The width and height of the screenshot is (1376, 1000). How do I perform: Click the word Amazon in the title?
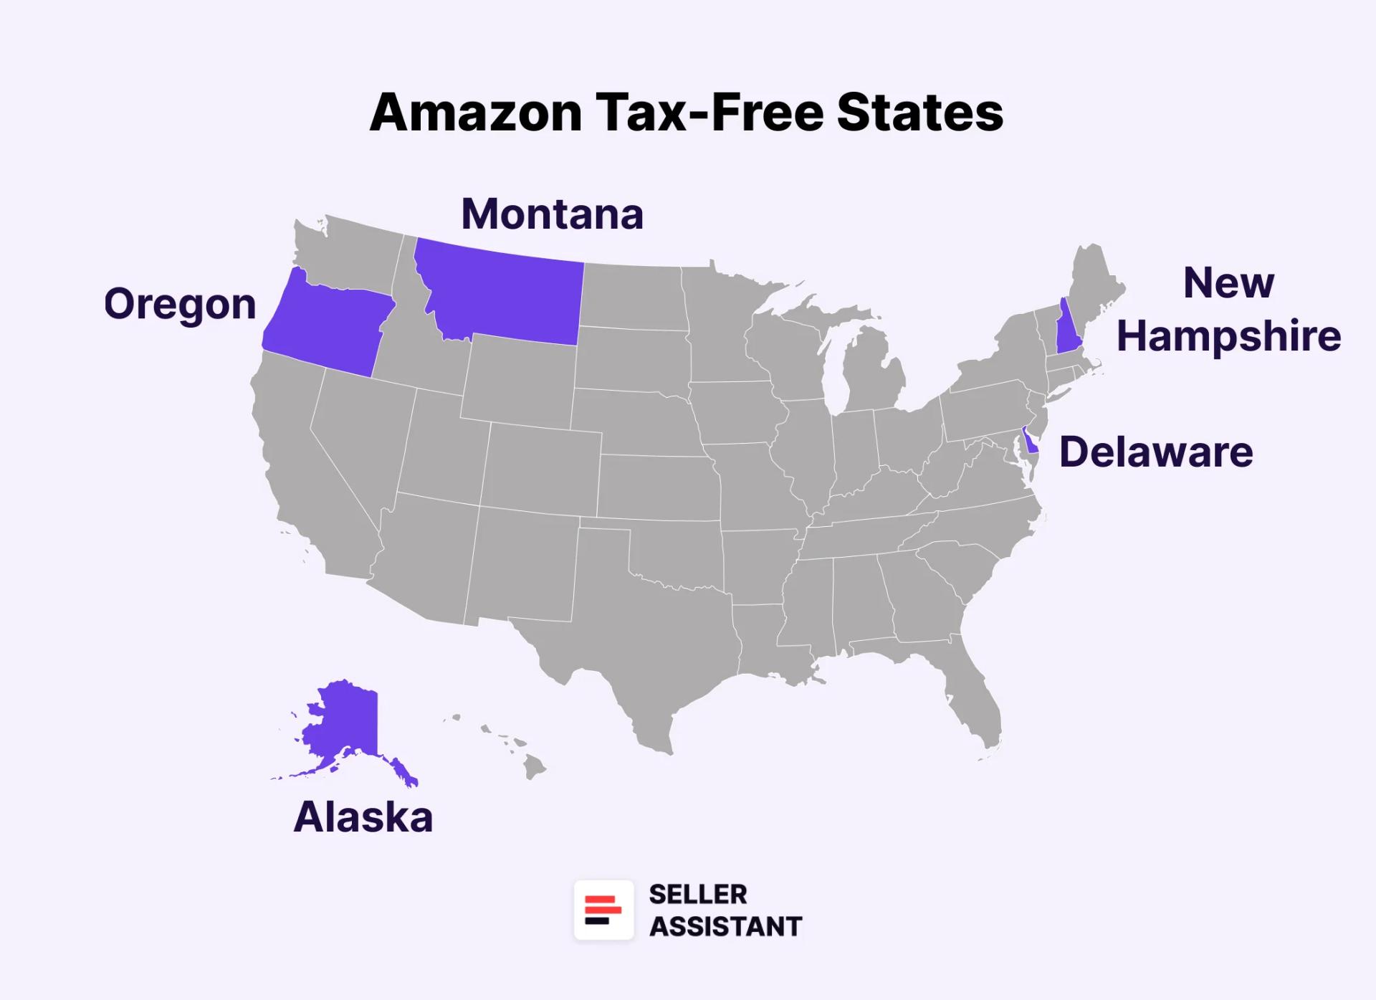(x=475, y=113)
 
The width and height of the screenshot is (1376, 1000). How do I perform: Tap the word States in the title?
(x=920, y=113)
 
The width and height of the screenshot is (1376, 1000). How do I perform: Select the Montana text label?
(x=552, y=214)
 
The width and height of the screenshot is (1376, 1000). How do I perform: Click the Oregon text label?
(x=180, y=304)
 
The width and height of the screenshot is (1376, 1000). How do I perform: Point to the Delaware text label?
(x=1156, y=452)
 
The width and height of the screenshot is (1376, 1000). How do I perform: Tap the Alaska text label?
(x=363, y=816)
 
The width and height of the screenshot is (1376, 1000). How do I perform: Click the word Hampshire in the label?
(x=1228, y=335)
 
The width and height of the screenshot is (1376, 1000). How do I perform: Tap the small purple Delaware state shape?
(x=1030, y=442)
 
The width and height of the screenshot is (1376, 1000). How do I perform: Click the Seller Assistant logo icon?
(x=603, y=910)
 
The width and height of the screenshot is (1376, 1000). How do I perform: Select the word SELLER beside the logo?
(x=697, y=894)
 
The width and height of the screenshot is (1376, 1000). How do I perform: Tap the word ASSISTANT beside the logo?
(x=725, y=926)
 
